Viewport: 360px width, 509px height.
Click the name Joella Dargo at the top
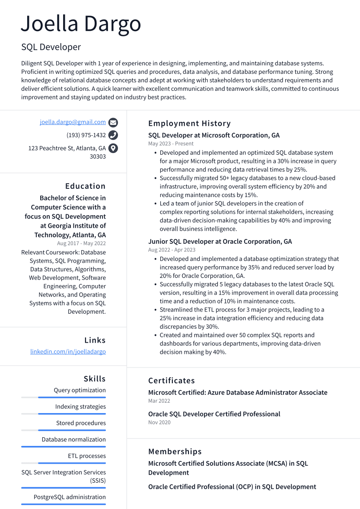coord(81,24)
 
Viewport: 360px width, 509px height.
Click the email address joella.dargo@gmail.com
coord(73,122)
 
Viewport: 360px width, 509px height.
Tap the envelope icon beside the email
coord(113,122)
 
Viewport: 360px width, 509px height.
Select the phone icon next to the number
coord(113,135)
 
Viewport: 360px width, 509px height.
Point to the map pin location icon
coord(113,148)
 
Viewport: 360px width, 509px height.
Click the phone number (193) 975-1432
coord(86,135)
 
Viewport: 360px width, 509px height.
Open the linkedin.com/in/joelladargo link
coord(68,352)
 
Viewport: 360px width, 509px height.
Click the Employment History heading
coord(189,124)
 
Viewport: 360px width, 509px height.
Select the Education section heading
coord(85,186)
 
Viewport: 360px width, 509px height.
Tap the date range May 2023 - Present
coord(171,143)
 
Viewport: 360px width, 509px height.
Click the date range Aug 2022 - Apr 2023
coord(172,250)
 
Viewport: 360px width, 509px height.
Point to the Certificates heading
coord(171,381)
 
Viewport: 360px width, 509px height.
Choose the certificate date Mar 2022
coord(159,401)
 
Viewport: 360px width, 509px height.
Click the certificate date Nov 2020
coord(159,422)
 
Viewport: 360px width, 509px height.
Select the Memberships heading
coord(175,452)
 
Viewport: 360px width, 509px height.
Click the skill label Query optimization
coord(80,390)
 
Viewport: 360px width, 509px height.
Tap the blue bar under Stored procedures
coord(72,430)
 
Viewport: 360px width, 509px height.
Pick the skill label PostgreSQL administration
coord(70,497)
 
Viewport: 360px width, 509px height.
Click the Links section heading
coord(95,340)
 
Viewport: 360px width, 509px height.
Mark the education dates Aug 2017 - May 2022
coord(81,243)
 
